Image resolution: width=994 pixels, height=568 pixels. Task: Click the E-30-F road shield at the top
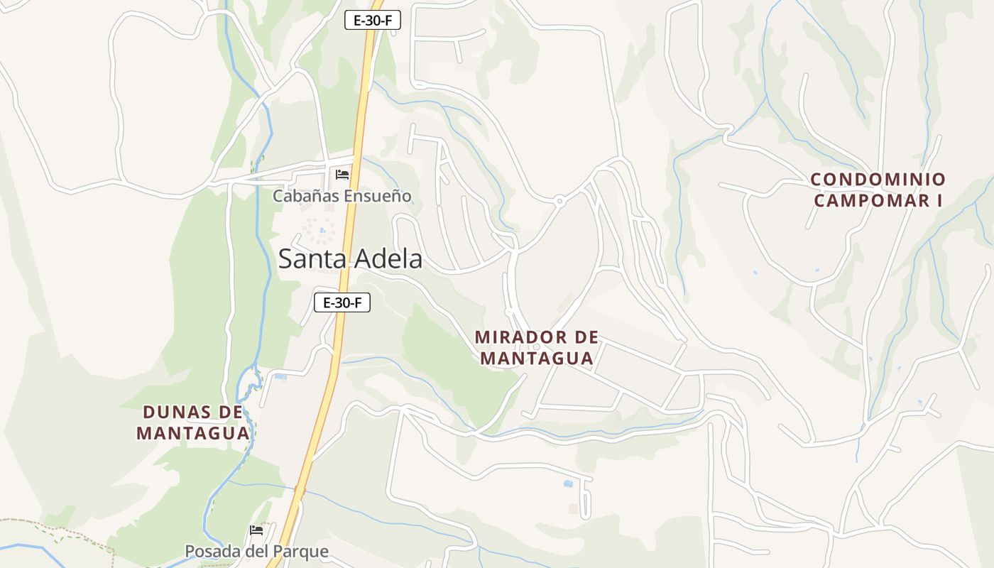[x=373, y=21]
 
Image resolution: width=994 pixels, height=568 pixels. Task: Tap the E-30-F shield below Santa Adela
[x=342, y=303]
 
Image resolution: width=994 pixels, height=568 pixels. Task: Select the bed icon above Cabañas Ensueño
[x=342, y=175]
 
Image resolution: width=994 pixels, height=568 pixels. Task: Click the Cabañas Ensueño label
[x=342, y=196]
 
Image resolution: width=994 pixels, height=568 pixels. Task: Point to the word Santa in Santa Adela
[x=310, y=259]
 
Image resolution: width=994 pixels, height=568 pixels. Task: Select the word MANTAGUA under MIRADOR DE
[x=537, y=359]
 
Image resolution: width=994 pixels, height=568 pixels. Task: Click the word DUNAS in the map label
[x=177, y=412]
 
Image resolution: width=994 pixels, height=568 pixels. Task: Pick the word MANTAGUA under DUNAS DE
[x=193, y=433]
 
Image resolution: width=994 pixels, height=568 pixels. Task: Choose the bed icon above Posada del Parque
[x=256, y=530]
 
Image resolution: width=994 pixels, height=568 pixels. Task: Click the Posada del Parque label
[x=256, y=552]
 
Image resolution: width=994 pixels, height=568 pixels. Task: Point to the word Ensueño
[x=378, y=196]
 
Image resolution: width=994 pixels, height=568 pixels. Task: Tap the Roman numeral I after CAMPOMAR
[x=938, y=200]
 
